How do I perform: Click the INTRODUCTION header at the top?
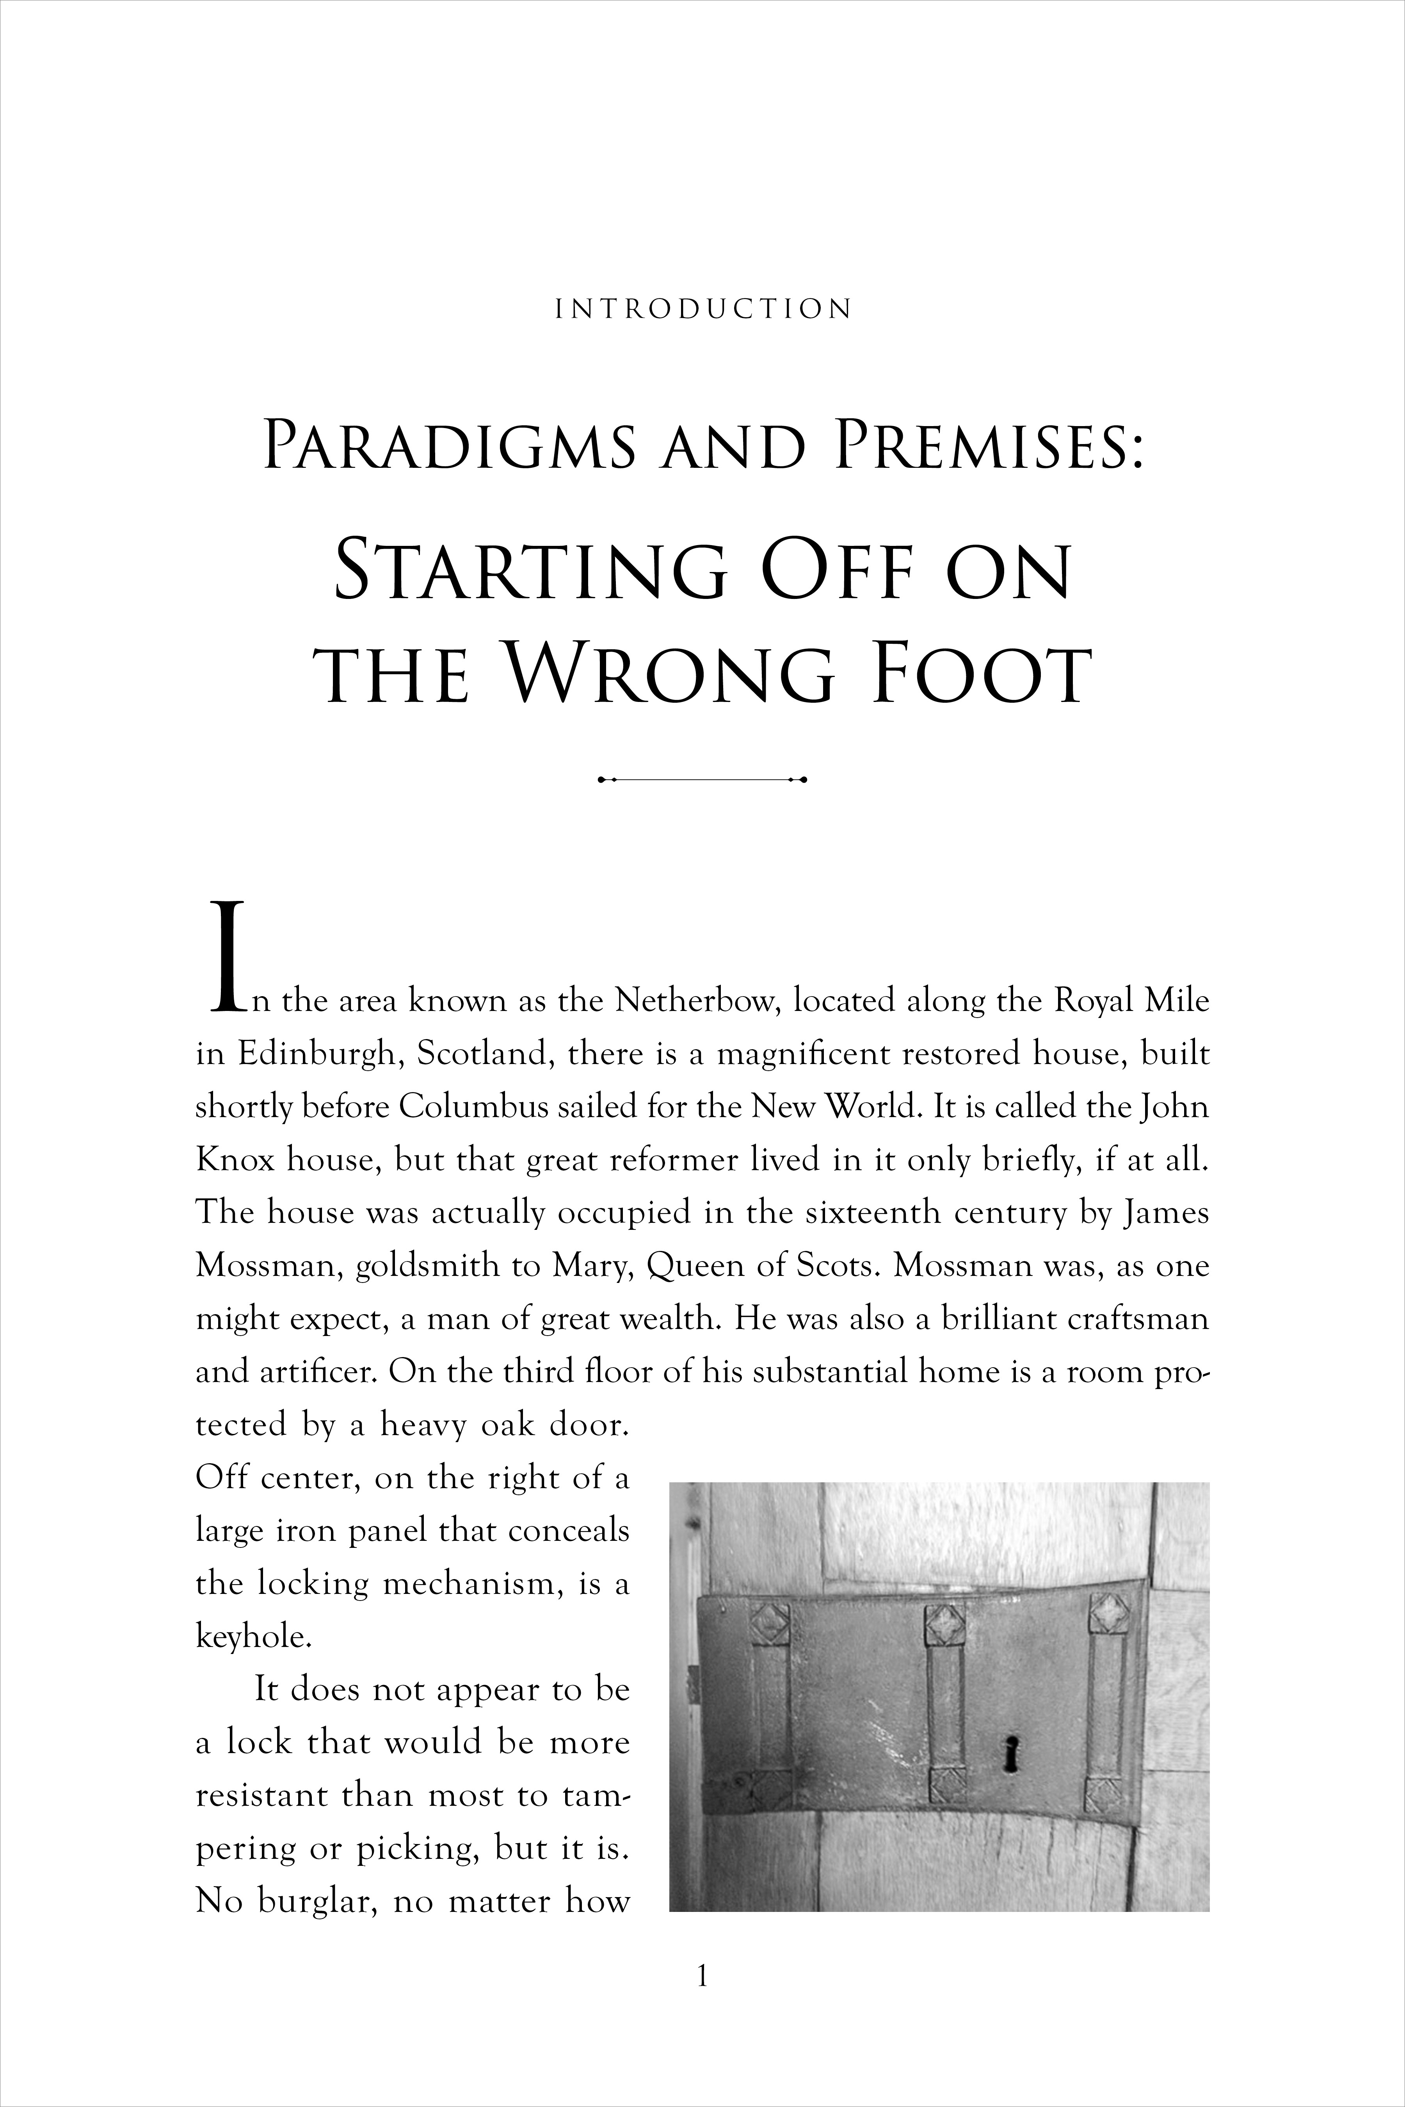(702, 310)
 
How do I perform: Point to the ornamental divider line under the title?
(702, 779)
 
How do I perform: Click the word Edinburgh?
(314, 1054)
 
